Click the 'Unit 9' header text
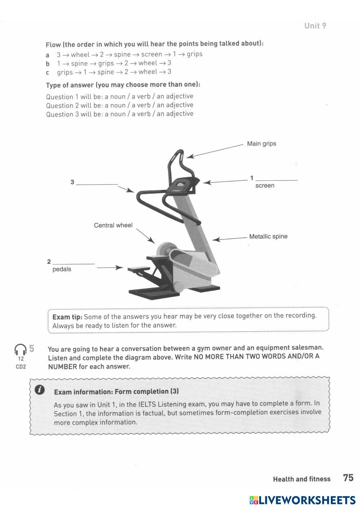click(315, 26)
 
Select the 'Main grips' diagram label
click(261, 144)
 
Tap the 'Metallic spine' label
click(268, 237)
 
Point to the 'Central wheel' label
click(113, 225)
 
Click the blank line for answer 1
click(276, 179)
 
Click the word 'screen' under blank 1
click(265, 186)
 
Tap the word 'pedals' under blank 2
click(62, 269)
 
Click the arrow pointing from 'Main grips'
click(215, 151)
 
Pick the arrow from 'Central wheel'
click(145, 235)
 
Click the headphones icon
click(21, 350)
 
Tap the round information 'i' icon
click(40, 389)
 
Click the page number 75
click(348, 478)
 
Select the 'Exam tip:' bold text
click(67, 317)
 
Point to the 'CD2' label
click(21, 367)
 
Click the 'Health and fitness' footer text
click(301, 479)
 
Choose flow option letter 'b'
click(48, 64)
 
